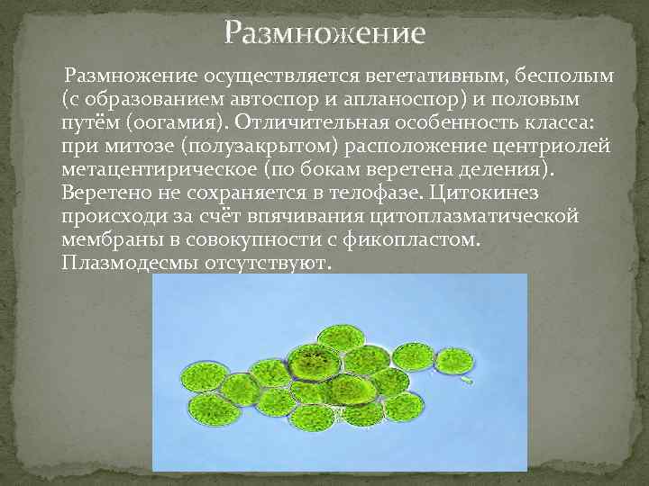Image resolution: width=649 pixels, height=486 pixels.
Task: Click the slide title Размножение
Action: [324, 34]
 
